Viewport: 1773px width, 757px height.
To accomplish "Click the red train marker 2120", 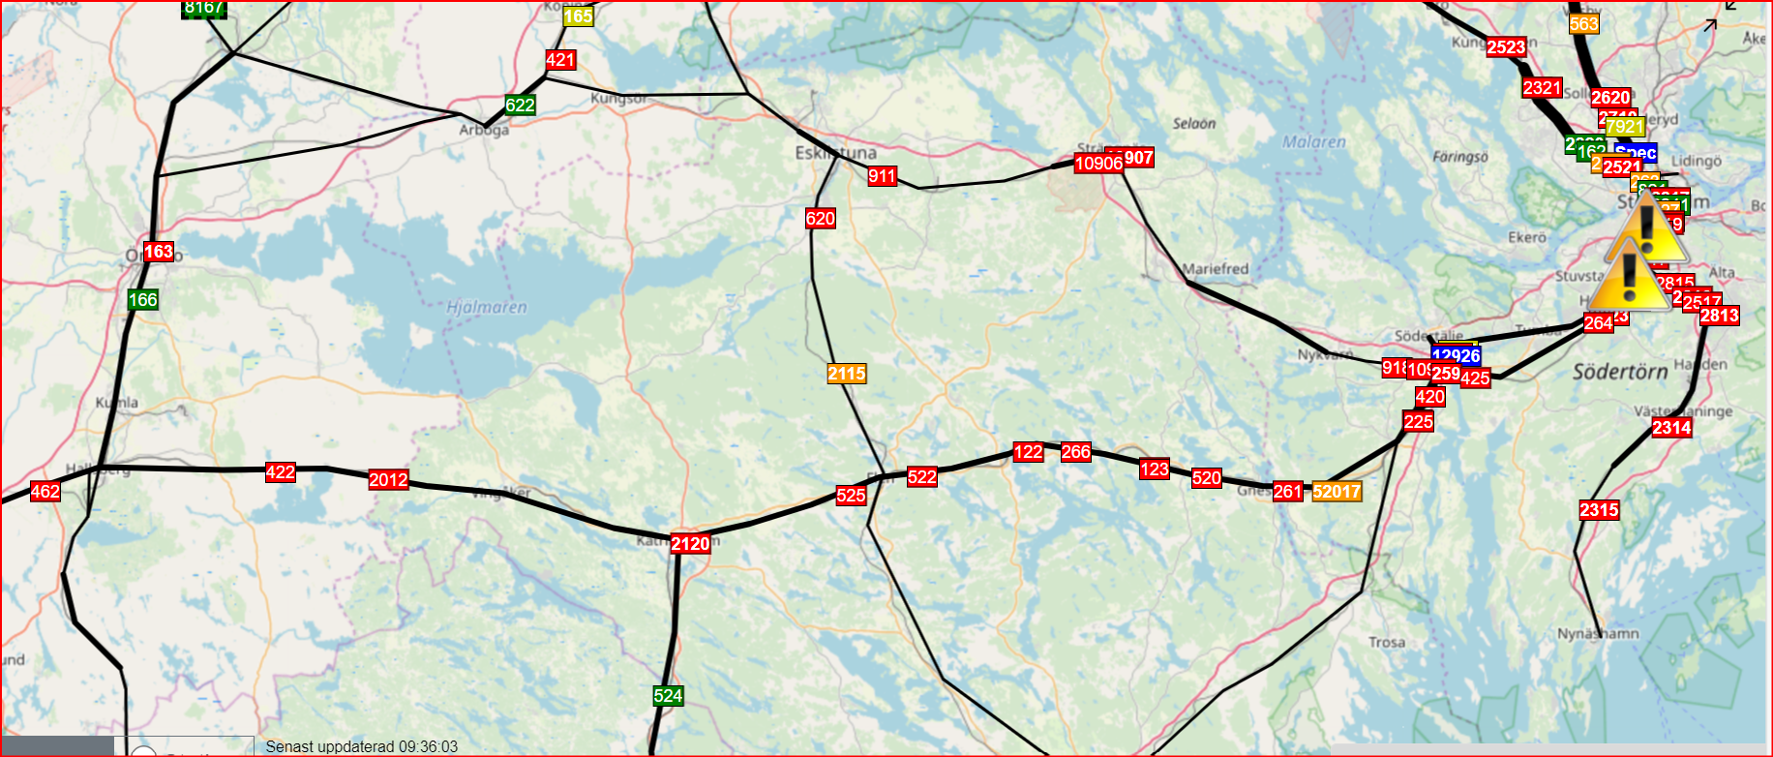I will click(690, 544).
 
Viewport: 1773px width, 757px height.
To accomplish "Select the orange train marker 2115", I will click(847, 374).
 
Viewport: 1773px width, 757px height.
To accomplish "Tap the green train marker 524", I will click(668, 696).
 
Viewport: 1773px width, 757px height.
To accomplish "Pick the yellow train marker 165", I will click(578, 16).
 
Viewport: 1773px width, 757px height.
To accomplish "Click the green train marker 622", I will click(520, 106).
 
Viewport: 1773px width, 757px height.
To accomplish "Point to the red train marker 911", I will click(882, 176).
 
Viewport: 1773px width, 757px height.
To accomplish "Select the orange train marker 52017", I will click(1337, 492).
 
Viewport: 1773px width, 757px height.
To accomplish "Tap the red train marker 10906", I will click(1097, 164).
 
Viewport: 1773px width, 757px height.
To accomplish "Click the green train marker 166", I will click(142, 300).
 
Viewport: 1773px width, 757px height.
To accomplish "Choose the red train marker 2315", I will click(1599, 510).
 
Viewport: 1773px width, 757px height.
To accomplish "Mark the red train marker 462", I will click(45, 492).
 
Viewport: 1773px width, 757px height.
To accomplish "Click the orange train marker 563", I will click(1583, 24).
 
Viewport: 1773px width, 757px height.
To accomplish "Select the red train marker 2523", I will click(1506, 47).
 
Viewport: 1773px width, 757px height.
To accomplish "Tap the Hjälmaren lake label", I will click(487, 308).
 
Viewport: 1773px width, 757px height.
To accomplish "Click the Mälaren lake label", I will click(1313, 142).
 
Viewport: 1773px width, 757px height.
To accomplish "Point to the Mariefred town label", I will click(1216, 269).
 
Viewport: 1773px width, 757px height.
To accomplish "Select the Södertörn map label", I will click(1619, 372).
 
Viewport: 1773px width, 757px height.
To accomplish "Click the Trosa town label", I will click(1387, 643).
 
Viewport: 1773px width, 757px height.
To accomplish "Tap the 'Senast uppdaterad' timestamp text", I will click(361, 747).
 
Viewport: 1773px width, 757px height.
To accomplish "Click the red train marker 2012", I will click(388, 480).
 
